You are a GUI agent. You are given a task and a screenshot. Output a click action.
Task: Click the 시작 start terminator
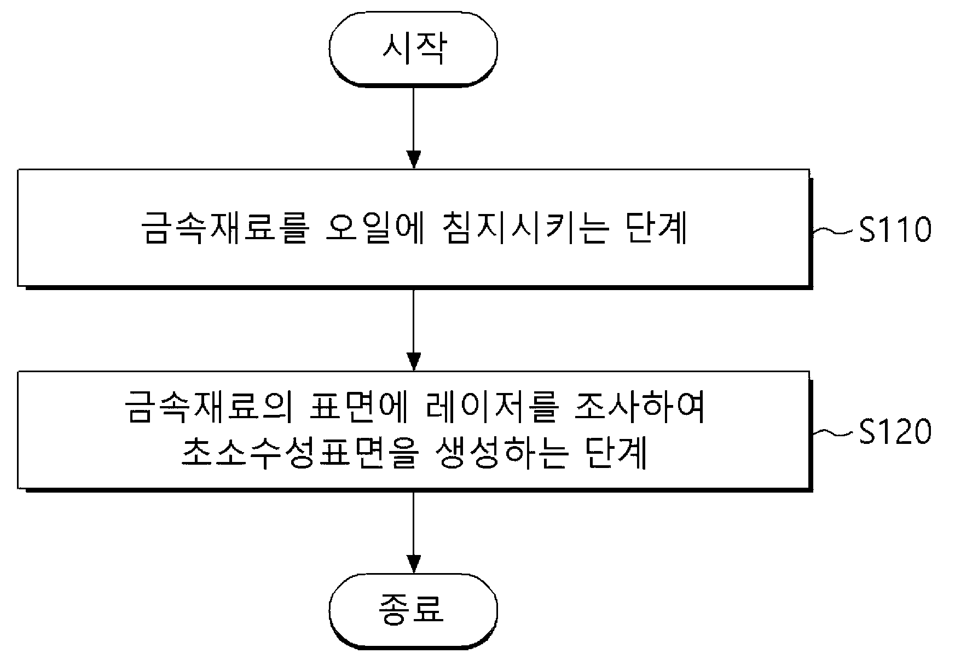pos(414,49)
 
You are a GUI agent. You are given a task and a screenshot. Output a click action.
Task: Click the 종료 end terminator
pos(414,609)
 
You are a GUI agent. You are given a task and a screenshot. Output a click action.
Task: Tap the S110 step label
pos(895,230)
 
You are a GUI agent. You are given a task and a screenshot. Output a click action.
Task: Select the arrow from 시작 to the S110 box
pos(414,126)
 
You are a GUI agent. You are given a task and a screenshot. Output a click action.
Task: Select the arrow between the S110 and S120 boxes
pos(414,328)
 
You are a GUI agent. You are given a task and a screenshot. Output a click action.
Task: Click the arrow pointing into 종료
pos(414,531)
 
